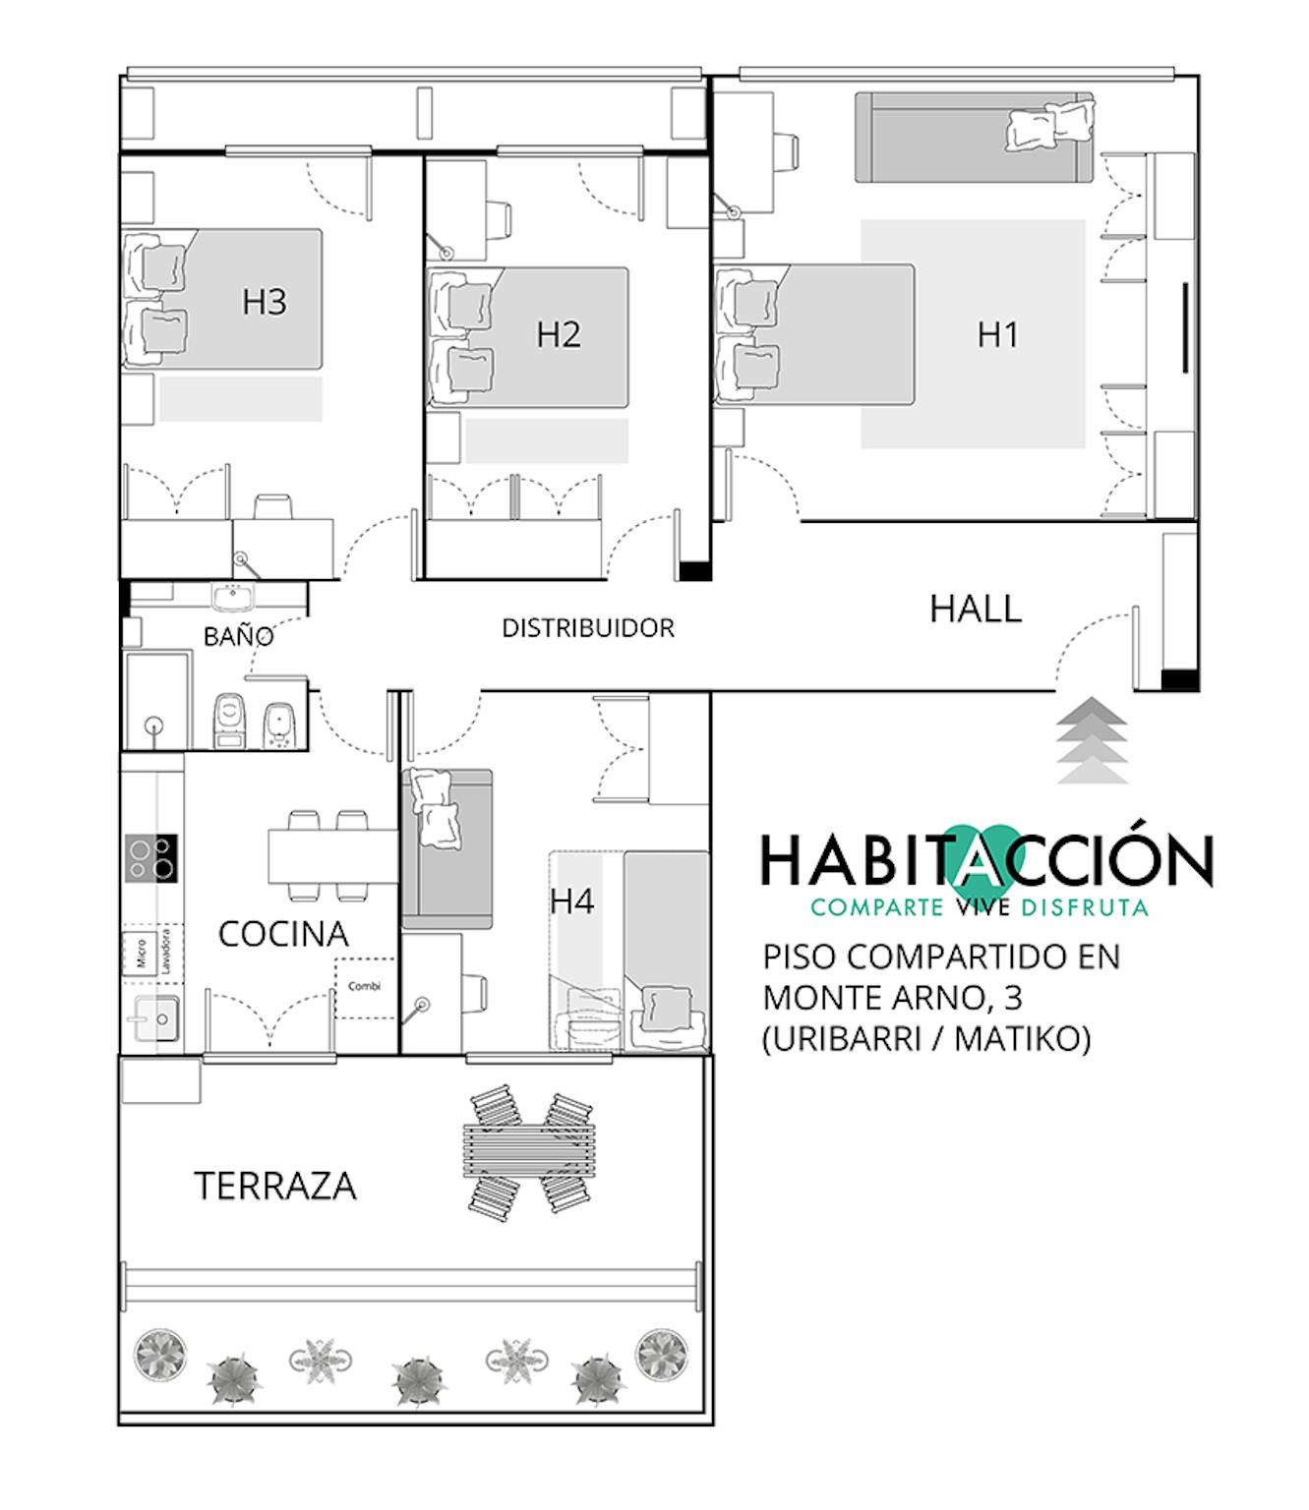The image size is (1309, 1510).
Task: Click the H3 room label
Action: point(264,302)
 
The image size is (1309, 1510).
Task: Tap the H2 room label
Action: point(559,334)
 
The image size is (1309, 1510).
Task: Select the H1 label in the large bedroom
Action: point(997,334)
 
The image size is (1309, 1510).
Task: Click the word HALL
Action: point(975,610)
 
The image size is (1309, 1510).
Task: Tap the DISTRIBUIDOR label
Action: point(588,628)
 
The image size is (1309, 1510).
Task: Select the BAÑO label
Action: point(238,636)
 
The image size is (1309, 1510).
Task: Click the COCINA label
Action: point(283,934)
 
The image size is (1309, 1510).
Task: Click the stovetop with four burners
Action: point(151,858)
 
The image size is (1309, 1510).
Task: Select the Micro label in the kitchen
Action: point(141,954)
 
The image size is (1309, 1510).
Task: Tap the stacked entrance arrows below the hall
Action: point(1092,740)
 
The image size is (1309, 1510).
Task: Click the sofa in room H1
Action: point(975,138)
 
